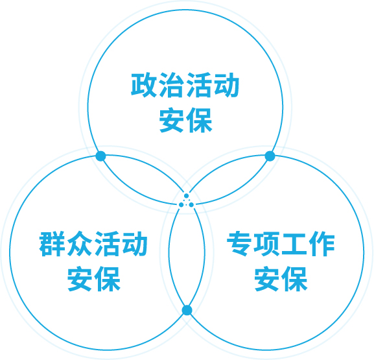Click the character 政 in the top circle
pyautogui.click(x=144, y=85)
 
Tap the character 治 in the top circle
pyautogui.click(x=171, y=85)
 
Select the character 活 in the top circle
pyautogui.click(x=199, y=85)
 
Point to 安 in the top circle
pyautogui.click(x=171, y=120)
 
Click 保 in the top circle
pyautogui.click(x=199, y=120)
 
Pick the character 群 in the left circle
pyautogui.click(x=52, y=244)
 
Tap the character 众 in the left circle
pyautogui.click(x=80, y=244)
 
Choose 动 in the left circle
pyautogui.click(x=134, y=244)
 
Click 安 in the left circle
pyautogui.click(x=80, y=279)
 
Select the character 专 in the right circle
pyautogui.click(x=239, y=244)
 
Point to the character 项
pyautogui.click(x=266, y=244)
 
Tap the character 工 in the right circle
pyautogui.click(x=294, y=244)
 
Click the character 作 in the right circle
pyautogui.click(x=321, y=244)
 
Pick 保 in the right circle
pyautogui.click(x=294, y=279)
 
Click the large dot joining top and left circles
pyautogui.click(x=100, y=156)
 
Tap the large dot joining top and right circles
pyautogui.click(x=270, y=156)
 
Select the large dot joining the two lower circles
pyautogui.click(x=187, y=310)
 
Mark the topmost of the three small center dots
pyautogui.click(x=187, y=196)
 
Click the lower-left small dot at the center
pyautogui.click(x=181, y=205)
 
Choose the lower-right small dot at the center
pyautogui.click(x=191, y=205)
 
